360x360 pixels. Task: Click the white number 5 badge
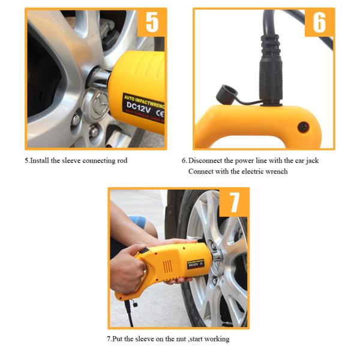[x=152, y=23]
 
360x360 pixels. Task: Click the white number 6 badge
[x=319, y=23]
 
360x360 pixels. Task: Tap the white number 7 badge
[x=235, y=203]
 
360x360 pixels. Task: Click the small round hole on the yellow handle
[x=302, y=127]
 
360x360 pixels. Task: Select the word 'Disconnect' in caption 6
[x=206, y=161]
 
